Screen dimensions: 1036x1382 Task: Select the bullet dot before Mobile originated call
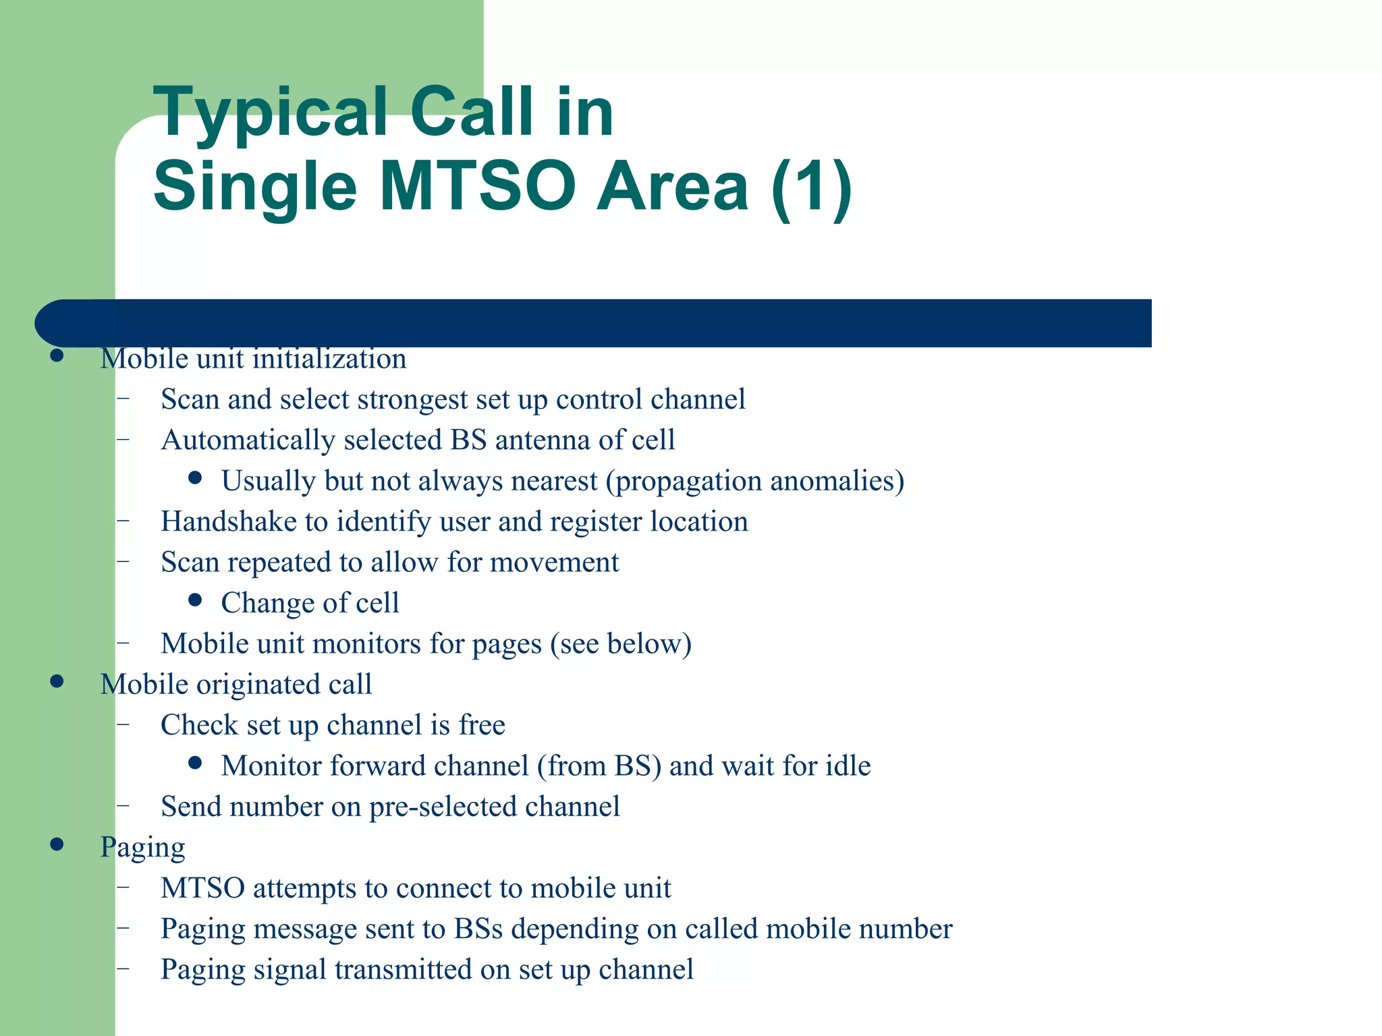(57, 682)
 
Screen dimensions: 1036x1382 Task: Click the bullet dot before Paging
(57, 844)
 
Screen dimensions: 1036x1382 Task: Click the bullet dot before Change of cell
(196, 600)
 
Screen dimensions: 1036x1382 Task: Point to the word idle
(849, 766)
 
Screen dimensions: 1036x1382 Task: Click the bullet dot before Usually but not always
(196, 478)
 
